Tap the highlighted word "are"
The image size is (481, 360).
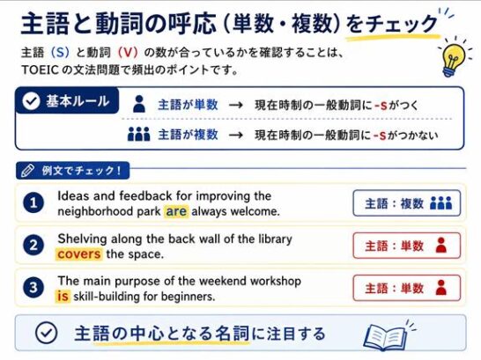[176, 211]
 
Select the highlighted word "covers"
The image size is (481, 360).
[78, 254]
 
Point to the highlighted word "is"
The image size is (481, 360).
[63, 297]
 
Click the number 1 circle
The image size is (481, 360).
[33, 202]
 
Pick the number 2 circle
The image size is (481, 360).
[33, 245]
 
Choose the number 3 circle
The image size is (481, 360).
[33, 288]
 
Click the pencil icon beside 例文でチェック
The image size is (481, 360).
[27, 171]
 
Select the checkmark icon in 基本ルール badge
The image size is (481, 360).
[31, 101]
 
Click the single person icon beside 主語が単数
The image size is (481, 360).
[139, 104]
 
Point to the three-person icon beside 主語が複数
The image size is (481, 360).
[139, 134]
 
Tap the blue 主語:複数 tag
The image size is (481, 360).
[407, 203]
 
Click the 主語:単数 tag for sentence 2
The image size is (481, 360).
[407, 246]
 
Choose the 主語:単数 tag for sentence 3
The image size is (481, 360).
[407, 288]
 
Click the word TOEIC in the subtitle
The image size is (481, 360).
[40, 70]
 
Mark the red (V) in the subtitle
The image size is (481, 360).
[128, 53]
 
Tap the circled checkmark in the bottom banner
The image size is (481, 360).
[46, 333]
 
